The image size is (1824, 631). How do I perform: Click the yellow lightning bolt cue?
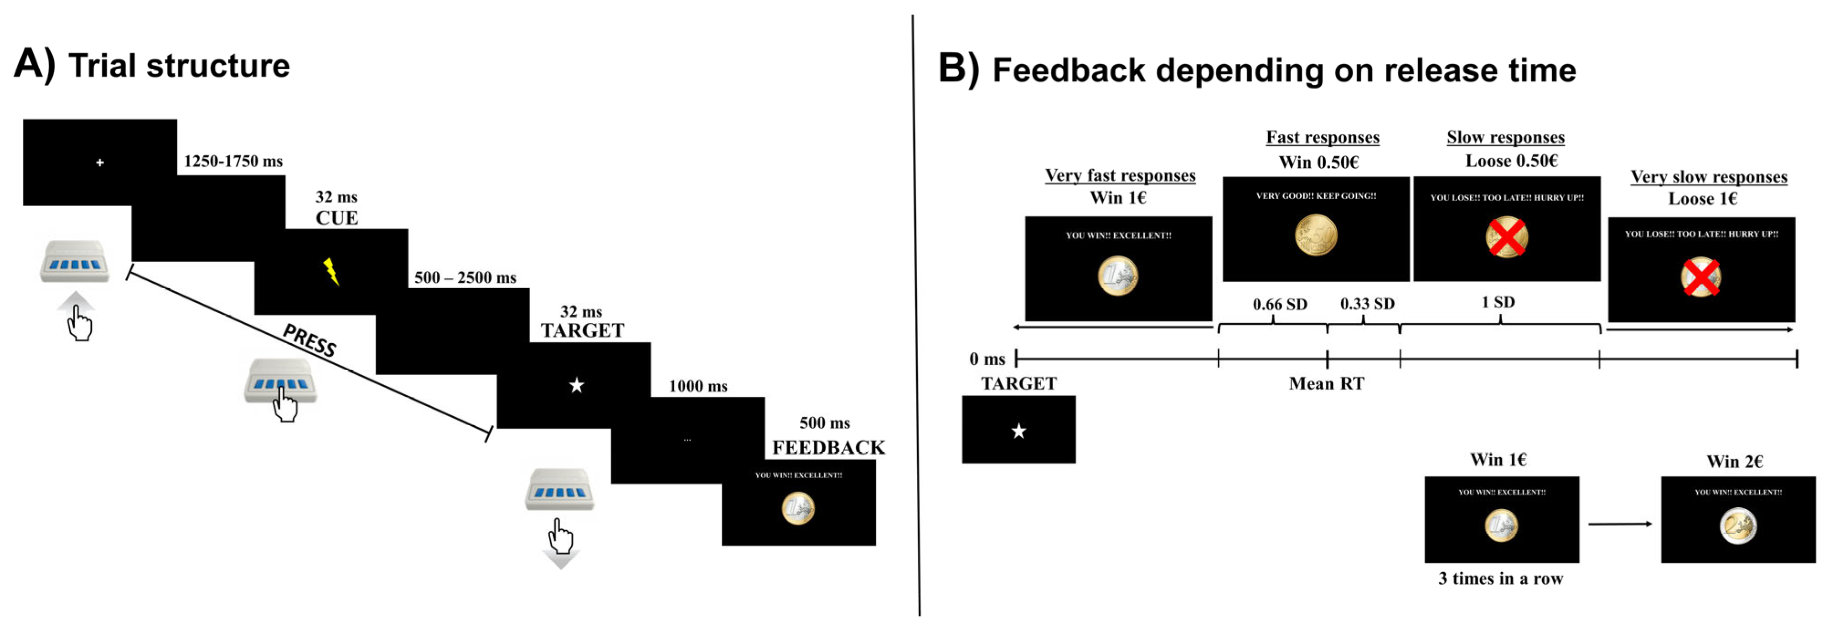point(331,272)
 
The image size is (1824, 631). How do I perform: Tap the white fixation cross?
point(100,162)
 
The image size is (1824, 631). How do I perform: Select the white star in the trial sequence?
point(576,385)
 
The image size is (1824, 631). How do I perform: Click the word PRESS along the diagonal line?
point(310,341)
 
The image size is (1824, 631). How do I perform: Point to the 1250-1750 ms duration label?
point(233,161)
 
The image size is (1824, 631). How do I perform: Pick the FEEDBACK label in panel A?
point(828,448)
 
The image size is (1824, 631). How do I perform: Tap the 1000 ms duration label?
point(698,386)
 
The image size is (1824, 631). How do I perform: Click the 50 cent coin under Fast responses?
point(1316,235)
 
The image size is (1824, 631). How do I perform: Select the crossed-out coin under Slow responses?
point(1506,237)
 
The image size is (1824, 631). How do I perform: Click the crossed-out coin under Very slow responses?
point(1701,277)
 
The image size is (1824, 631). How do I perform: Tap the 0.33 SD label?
point(1367,304)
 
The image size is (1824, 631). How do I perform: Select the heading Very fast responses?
point(1120,176)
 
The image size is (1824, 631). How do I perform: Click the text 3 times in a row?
point(1500,579)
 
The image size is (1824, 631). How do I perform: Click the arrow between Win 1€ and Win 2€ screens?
point(1619,524)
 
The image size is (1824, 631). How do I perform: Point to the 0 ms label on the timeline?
point(987,359)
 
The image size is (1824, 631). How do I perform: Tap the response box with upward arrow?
point(75,262)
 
